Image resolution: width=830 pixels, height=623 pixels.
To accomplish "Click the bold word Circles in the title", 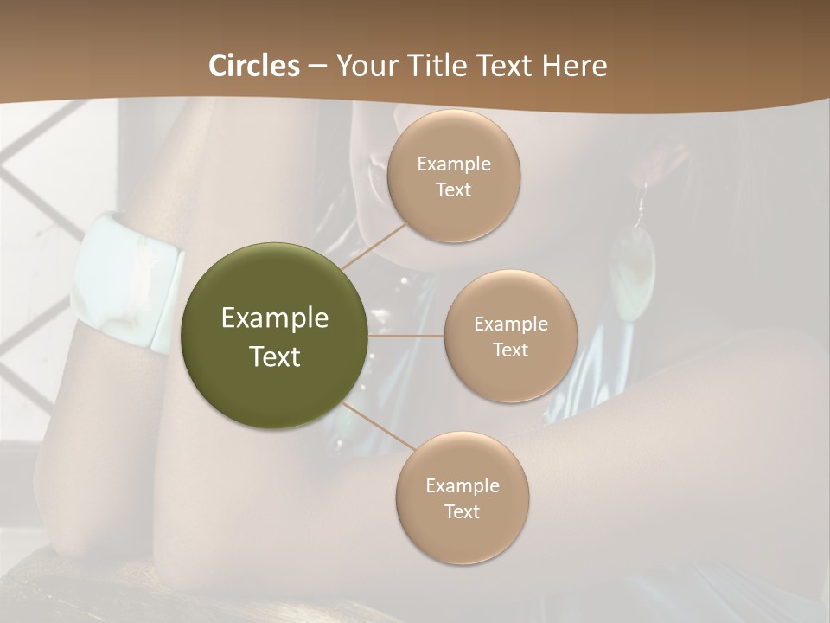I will pos(254,66).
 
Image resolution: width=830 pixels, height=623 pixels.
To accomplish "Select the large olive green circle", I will pos(275,336).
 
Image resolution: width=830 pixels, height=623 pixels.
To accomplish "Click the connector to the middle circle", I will pos(406,336).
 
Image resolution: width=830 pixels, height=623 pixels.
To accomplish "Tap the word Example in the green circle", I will pos(275,318).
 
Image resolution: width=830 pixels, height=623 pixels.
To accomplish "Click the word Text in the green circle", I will pos(275,356).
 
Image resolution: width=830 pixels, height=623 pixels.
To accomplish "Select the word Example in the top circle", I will pos(454,164).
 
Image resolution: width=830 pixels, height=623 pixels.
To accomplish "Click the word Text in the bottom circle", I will pos(462,511).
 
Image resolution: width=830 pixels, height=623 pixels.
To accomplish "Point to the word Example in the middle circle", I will pos(511,324).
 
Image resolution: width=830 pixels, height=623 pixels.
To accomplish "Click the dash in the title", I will pos(317,66).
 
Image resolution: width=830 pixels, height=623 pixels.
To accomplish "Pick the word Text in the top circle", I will pos(454,190).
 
